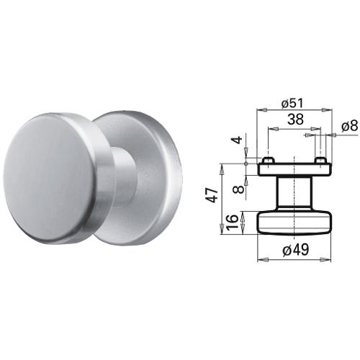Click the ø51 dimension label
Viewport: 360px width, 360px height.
[x=292, y=103]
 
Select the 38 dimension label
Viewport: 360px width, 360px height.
[x=295, y=120]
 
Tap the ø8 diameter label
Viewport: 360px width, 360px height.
[x=349, y=126]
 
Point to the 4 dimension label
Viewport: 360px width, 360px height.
[x=238, y=140]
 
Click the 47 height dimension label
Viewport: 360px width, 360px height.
[x=212, y=195]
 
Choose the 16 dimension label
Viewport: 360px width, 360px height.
[x=233, y=222]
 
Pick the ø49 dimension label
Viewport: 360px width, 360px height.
[x=296, y=250]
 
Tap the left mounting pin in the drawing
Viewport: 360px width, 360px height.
[x=267, y=160]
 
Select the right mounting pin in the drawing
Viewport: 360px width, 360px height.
[x=320, y=160]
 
